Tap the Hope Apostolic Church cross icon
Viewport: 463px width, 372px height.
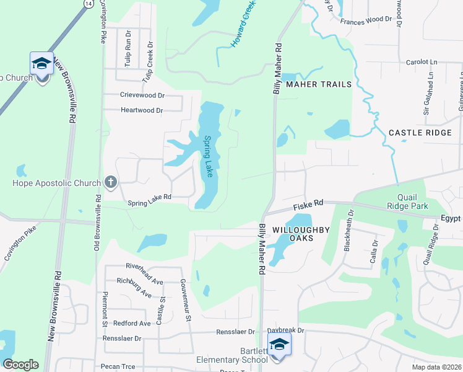110,182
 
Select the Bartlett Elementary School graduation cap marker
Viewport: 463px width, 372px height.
279,344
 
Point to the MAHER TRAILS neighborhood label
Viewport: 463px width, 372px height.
318,84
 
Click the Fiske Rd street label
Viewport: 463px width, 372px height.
308,203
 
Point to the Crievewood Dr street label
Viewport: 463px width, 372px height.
142,95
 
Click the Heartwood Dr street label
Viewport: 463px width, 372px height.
141,110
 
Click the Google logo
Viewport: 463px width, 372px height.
20,364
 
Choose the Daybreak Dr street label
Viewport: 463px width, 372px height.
285,331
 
